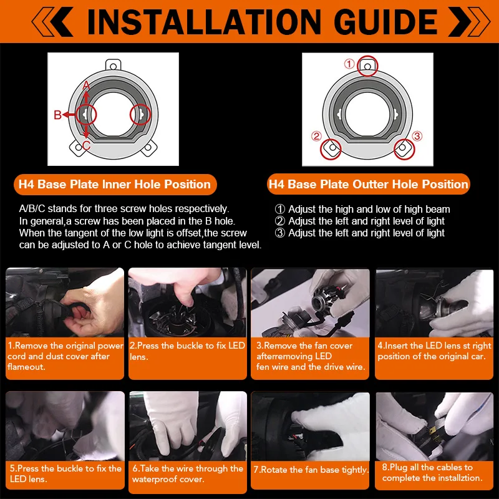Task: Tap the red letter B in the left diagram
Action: point(57,115)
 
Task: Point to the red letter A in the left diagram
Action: point(86,85)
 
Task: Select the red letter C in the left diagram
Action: point(86,146)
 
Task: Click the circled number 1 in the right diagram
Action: point(349,64)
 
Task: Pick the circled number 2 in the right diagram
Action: point(316,136)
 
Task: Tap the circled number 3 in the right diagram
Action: point(417,136)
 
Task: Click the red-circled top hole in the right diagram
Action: point(367,66)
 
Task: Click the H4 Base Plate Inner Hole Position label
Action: point(115,185)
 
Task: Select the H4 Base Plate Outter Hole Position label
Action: point(368,185)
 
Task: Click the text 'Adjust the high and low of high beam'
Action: point(369,209)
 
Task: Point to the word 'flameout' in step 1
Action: point(26,367)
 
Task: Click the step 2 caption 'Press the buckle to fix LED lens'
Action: point(187,351)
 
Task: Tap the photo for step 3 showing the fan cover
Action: point(310,303)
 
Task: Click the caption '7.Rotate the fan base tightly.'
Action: point(311,470)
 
